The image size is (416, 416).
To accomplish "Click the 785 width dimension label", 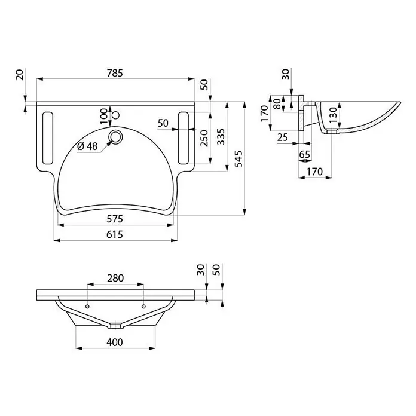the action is (x=115, y=73).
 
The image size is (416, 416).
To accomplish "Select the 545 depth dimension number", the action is (x=239, y=158).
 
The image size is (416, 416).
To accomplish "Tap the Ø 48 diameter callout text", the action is (x=87, y=146).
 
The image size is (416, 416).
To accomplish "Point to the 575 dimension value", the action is (x=115, y=219).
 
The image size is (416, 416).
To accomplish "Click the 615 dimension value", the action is (x=115, y=234).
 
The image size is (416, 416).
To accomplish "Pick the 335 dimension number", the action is (x=221, y=137).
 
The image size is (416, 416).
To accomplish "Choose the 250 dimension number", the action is (x=204, y=138).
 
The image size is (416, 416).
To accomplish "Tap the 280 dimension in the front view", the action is (x=115, y=278).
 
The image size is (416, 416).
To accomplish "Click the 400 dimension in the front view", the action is (x=115, y=342).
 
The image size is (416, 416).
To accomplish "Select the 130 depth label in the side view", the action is (x=333, y=114).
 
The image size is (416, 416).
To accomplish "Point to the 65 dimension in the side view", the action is (x=305, y=154).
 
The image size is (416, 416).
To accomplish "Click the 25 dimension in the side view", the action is (x=283, y=137).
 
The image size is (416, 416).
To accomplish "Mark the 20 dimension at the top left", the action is (x=20, y=75).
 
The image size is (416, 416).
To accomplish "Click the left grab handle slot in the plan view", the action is (x=48, y=138).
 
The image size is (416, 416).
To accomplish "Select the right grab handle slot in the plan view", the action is (x=183, y=138).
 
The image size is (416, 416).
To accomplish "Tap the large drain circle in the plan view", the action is (x=115, y=137).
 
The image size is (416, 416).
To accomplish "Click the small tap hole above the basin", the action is (x=115, y=115).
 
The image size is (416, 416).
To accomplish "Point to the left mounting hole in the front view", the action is (x=87, y=307).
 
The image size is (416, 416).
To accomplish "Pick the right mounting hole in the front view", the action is (x=143, y=307).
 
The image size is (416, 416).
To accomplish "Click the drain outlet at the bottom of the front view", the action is (x=115, y=326).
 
